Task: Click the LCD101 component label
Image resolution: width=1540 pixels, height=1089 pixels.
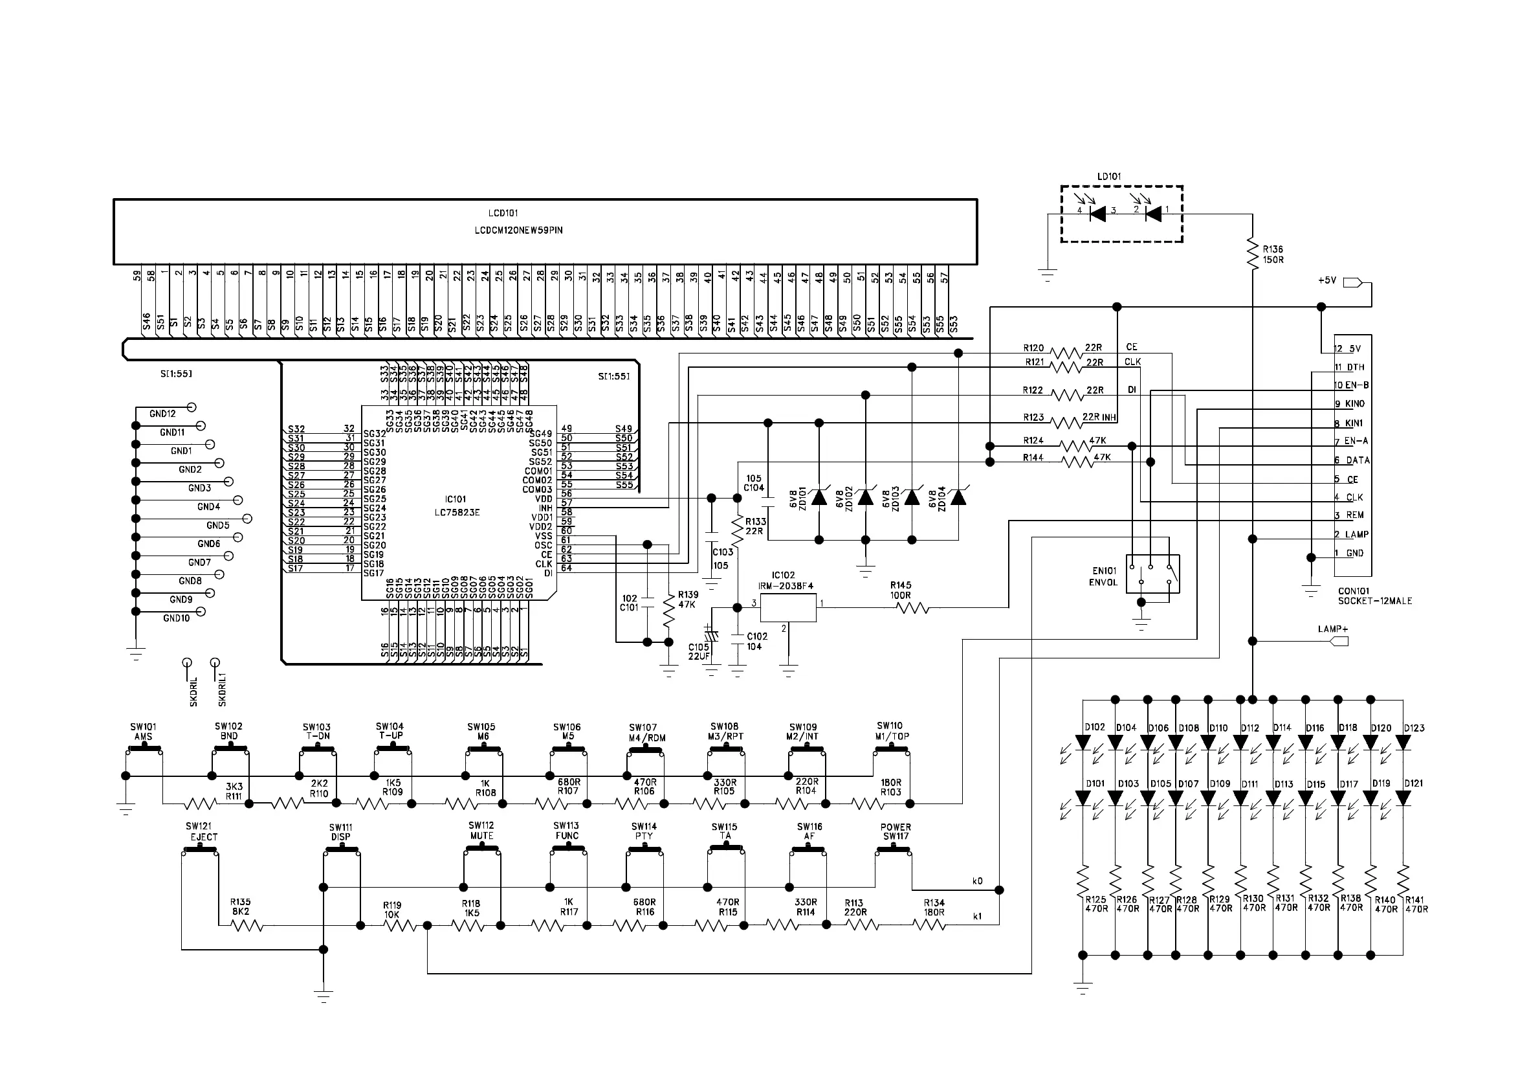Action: (x=502, y=214)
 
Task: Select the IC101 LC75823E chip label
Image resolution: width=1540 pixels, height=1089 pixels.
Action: (x=456, y=506)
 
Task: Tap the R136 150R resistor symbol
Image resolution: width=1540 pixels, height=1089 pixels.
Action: (x=1252, y=254)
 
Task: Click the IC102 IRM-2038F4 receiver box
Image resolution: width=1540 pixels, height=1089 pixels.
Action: (x=789, y=607)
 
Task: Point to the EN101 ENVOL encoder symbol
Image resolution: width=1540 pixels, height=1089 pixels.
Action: (x=1152, y=574)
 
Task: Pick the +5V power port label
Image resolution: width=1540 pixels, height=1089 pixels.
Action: (x=1327, y=280)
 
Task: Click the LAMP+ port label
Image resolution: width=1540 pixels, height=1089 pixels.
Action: (x=1332, y=629)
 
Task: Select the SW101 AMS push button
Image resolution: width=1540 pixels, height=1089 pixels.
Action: (x=144, y=751)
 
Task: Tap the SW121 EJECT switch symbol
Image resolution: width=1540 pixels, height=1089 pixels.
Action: (x=200, y=850)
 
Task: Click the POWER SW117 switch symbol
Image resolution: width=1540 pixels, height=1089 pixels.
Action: (x=893, y=851)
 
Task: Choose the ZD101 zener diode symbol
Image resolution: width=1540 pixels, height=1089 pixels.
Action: (x=819, y=497)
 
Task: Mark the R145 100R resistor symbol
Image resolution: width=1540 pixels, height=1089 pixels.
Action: (x=913, y=608)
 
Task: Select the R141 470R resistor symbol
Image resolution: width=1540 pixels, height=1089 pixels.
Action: (x=1403, y=878)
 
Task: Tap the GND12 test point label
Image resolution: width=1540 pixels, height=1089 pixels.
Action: (x=162, y=414)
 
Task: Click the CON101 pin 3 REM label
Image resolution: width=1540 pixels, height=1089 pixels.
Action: (x=1354, y=515)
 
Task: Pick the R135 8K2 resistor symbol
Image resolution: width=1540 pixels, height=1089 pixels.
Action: (x=246, y=925)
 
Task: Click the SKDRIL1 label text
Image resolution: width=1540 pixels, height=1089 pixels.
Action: (x=223, y=690)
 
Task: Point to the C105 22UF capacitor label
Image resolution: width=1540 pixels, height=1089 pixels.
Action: (x=698, y=651)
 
